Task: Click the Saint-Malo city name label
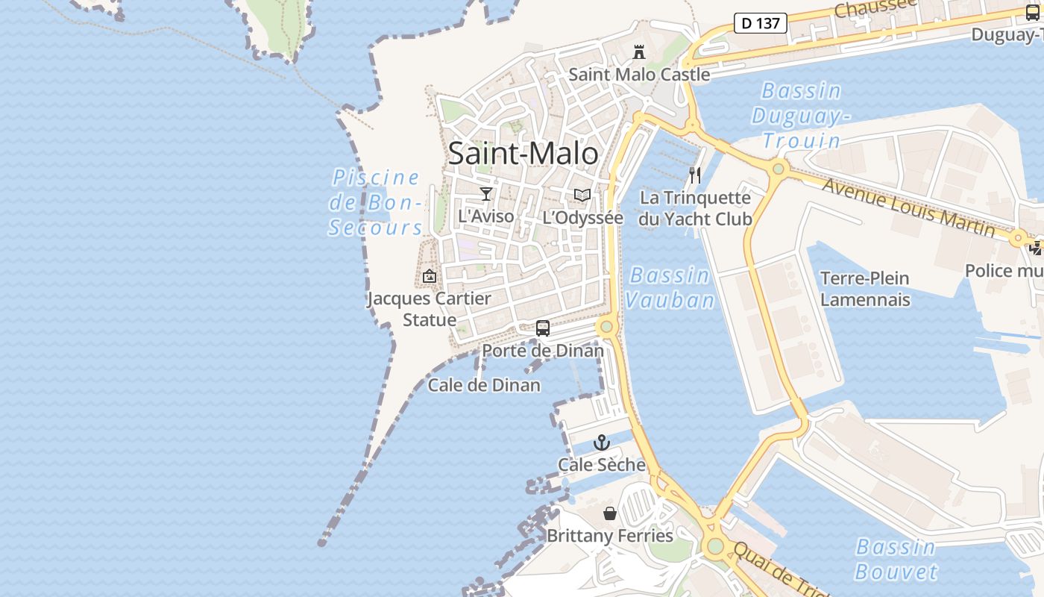tap(523, 154)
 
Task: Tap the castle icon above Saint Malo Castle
tap(639, 52)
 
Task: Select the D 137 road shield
tap(761, 23)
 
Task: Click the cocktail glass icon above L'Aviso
tap(486, 194)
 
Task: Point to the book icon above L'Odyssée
tap(582, 196)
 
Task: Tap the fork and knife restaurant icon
tap(695, 175)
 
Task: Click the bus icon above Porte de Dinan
tap(543, 328)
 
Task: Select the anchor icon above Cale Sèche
tap(602, 443)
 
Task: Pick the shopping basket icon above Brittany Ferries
tap(610, 513)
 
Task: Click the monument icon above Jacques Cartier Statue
tap(429, 277)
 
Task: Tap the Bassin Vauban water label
tap(669, 287)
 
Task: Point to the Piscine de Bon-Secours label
tap(376, 202)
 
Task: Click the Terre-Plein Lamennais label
tap(865, 289)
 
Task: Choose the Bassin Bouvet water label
tap(896, 559)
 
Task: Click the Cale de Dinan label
tap(484, 385)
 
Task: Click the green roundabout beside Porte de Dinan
tap(606, 326)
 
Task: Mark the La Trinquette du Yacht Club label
tap(695, 208)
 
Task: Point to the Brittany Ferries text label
tap(610, 536)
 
